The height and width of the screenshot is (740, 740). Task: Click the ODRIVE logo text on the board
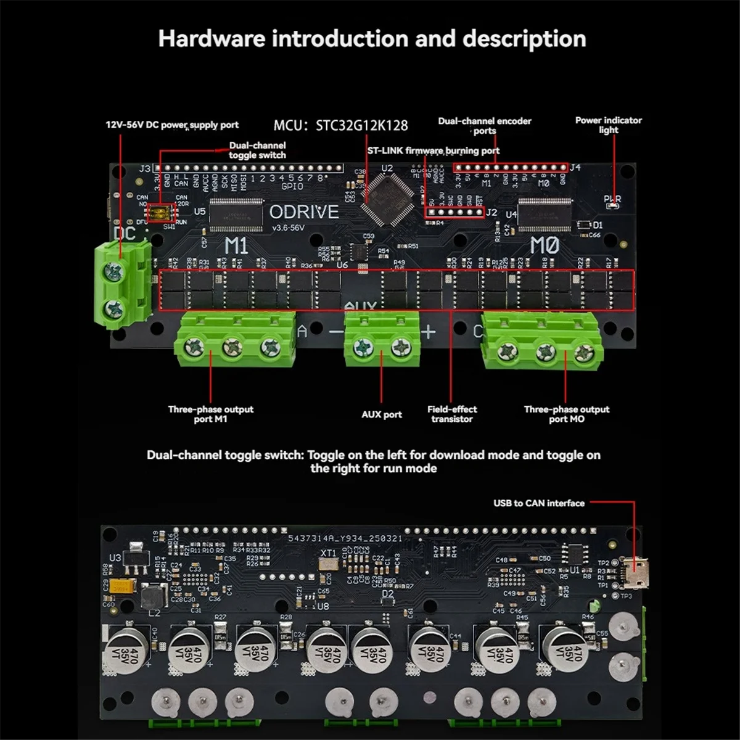pos(304,212)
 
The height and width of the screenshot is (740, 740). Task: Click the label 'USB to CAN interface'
pos(538,503)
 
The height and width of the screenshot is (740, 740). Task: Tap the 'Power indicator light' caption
pos(608,125)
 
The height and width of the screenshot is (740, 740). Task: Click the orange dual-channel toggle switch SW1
pos(163,213)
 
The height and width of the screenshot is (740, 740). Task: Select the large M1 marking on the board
pos(236,246)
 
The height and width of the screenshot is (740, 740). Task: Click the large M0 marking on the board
pos(544,246)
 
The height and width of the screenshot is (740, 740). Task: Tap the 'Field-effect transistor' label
pos(452,414)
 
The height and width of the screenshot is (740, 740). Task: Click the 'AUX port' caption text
pos(381,414)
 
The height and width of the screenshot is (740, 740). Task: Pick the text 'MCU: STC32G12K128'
pos(340,125)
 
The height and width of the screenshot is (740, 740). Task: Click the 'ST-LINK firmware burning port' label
pos(433,150)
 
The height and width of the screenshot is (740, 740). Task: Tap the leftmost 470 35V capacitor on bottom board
pos(126,651)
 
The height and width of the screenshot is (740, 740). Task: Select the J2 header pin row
pos(455,213)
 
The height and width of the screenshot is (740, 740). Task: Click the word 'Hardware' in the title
pos(212,38)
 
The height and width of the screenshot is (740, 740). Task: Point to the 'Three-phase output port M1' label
pos(210,414)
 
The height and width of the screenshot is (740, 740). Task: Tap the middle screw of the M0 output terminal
pos(546,352)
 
